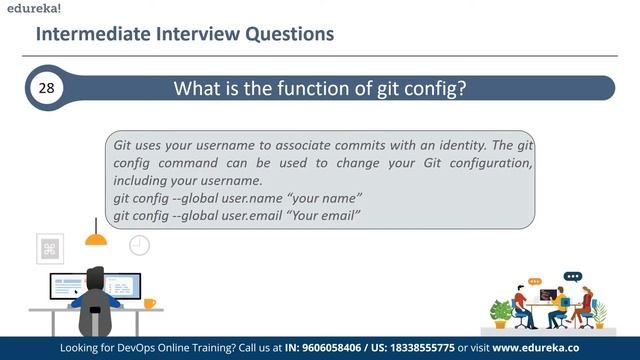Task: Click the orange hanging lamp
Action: pos(96,239)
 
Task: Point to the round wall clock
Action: pos(139,244)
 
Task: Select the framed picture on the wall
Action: pos(50,247)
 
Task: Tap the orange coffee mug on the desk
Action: pos(149,303)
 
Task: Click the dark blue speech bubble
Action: pos(572,276)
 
